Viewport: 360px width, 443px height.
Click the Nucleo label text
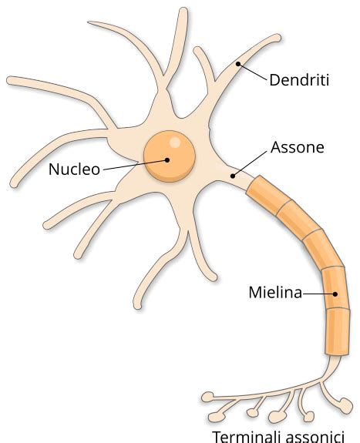point(74,169)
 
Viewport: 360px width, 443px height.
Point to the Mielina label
point(274,293)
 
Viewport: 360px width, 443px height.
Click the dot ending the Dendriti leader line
point(238,63)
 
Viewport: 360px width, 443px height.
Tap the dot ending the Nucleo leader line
point(166,160)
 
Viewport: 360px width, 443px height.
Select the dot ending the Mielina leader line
point(336,294)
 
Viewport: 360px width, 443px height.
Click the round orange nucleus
point(169,156)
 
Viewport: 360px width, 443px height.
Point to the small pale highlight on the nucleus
point(177,143)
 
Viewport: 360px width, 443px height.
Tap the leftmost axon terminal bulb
point(207,398)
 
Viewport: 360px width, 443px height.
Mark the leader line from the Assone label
point(248,163)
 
